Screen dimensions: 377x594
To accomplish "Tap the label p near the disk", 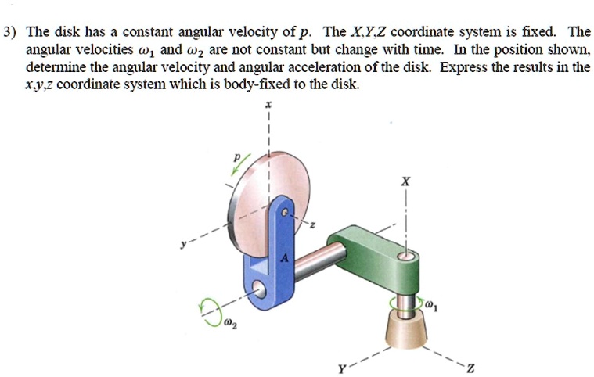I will click(x=232, y=156).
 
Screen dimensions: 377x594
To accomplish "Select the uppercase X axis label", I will click(x=405, y=181).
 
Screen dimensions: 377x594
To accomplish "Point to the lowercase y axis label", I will click(x=183, y=246).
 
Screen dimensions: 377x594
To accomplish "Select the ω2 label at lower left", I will click(x=227, y=323).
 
